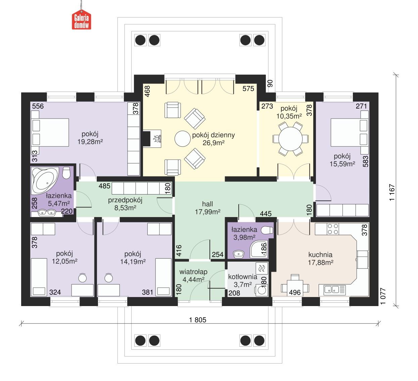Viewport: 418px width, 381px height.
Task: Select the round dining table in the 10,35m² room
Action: (290, 138)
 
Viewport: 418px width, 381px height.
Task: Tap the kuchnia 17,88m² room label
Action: (320, 259)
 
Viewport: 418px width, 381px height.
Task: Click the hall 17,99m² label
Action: (207, 208)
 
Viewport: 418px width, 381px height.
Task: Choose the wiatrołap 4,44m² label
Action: (193, 275)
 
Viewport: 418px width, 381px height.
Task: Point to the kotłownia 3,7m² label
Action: (242, 281)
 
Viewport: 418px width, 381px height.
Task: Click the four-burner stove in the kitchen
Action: (333, 229)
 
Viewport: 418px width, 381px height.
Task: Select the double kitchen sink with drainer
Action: (334, 289)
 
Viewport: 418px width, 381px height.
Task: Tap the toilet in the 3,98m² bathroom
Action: (268, 230)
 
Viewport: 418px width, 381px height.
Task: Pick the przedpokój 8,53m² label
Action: (125, 204)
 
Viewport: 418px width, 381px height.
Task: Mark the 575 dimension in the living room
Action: (248, 89)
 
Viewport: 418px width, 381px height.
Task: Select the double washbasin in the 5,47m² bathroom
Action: (47, 212)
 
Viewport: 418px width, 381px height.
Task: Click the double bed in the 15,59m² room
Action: (349, 132)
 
